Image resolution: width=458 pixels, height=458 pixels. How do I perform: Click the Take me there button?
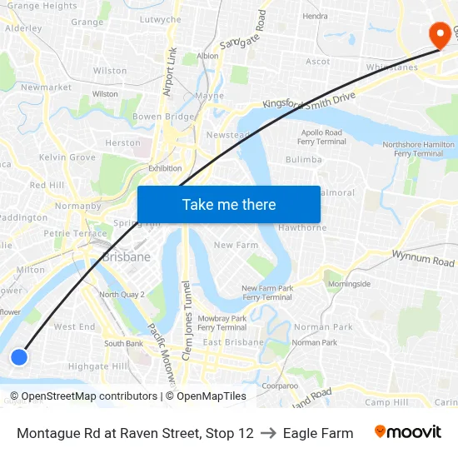229,204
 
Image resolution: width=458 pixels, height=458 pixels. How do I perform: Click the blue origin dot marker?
18,356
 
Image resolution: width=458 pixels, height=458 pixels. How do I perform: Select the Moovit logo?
407,432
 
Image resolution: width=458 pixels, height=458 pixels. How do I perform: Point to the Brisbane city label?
127,257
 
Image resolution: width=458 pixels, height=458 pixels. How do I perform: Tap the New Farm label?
236,245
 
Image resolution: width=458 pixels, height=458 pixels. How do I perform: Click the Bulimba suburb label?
303,159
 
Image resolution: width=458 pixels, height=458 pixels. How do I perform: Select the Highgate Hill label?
98,366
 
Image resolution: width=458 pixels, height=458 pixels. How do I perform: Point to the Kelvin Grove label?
67,157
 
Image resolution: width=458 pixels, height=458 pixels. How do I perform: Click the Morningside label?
349,283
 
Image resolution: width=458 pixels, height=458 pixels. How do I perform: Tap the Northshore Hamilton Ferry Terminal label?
418,148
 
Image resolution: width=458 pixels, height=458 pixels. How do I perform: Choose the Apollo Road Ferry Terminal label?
321,137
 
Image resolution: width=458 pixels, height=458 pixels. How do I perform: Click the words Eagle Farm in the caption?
317,433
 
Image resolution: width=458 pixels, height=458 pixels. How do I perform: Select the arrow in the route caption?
268,433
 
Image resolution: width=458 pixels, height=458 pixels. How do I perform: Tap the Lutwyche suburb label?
160,19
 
